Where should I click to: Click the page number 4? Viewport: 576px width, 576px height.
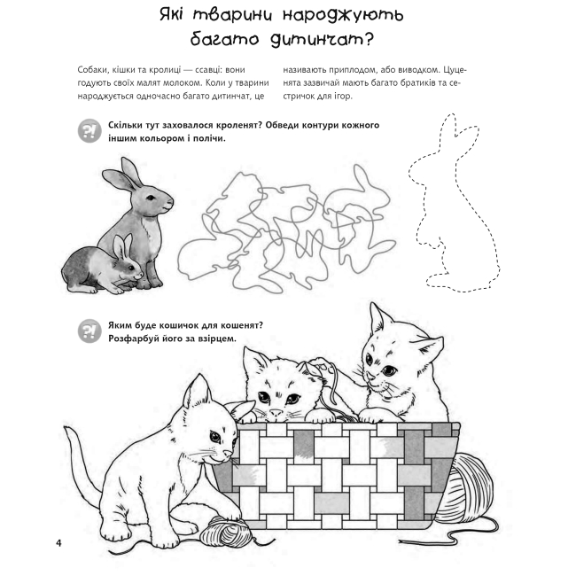click(58, 542)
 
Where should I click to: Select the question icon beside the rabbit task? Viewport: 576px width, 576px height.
click(90, 131)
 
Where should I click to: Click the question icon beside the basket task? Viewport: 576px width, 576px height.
click(90, 331)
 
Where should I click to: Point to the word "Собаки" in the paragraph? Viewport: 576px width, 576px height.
click(91, 70)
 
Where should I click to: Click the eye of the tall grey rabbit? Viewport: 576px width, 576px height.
click(151, 198)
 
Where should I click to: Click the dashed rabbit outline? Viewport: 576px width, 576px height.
click(455, 203)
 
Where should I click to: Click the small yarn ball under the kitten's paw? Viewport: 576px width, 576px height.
click(225, 531)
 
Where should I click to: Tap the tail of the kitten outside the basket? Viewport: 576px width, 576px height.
click(82, 463)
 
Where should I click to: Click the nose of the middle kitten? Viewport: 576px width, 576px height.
click(276, 413)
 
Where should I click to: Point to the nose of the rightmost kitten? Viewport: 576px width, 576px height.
click(371, 377)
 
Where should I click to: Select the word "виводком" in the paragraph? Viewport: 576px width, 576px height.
click(418, 70)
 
